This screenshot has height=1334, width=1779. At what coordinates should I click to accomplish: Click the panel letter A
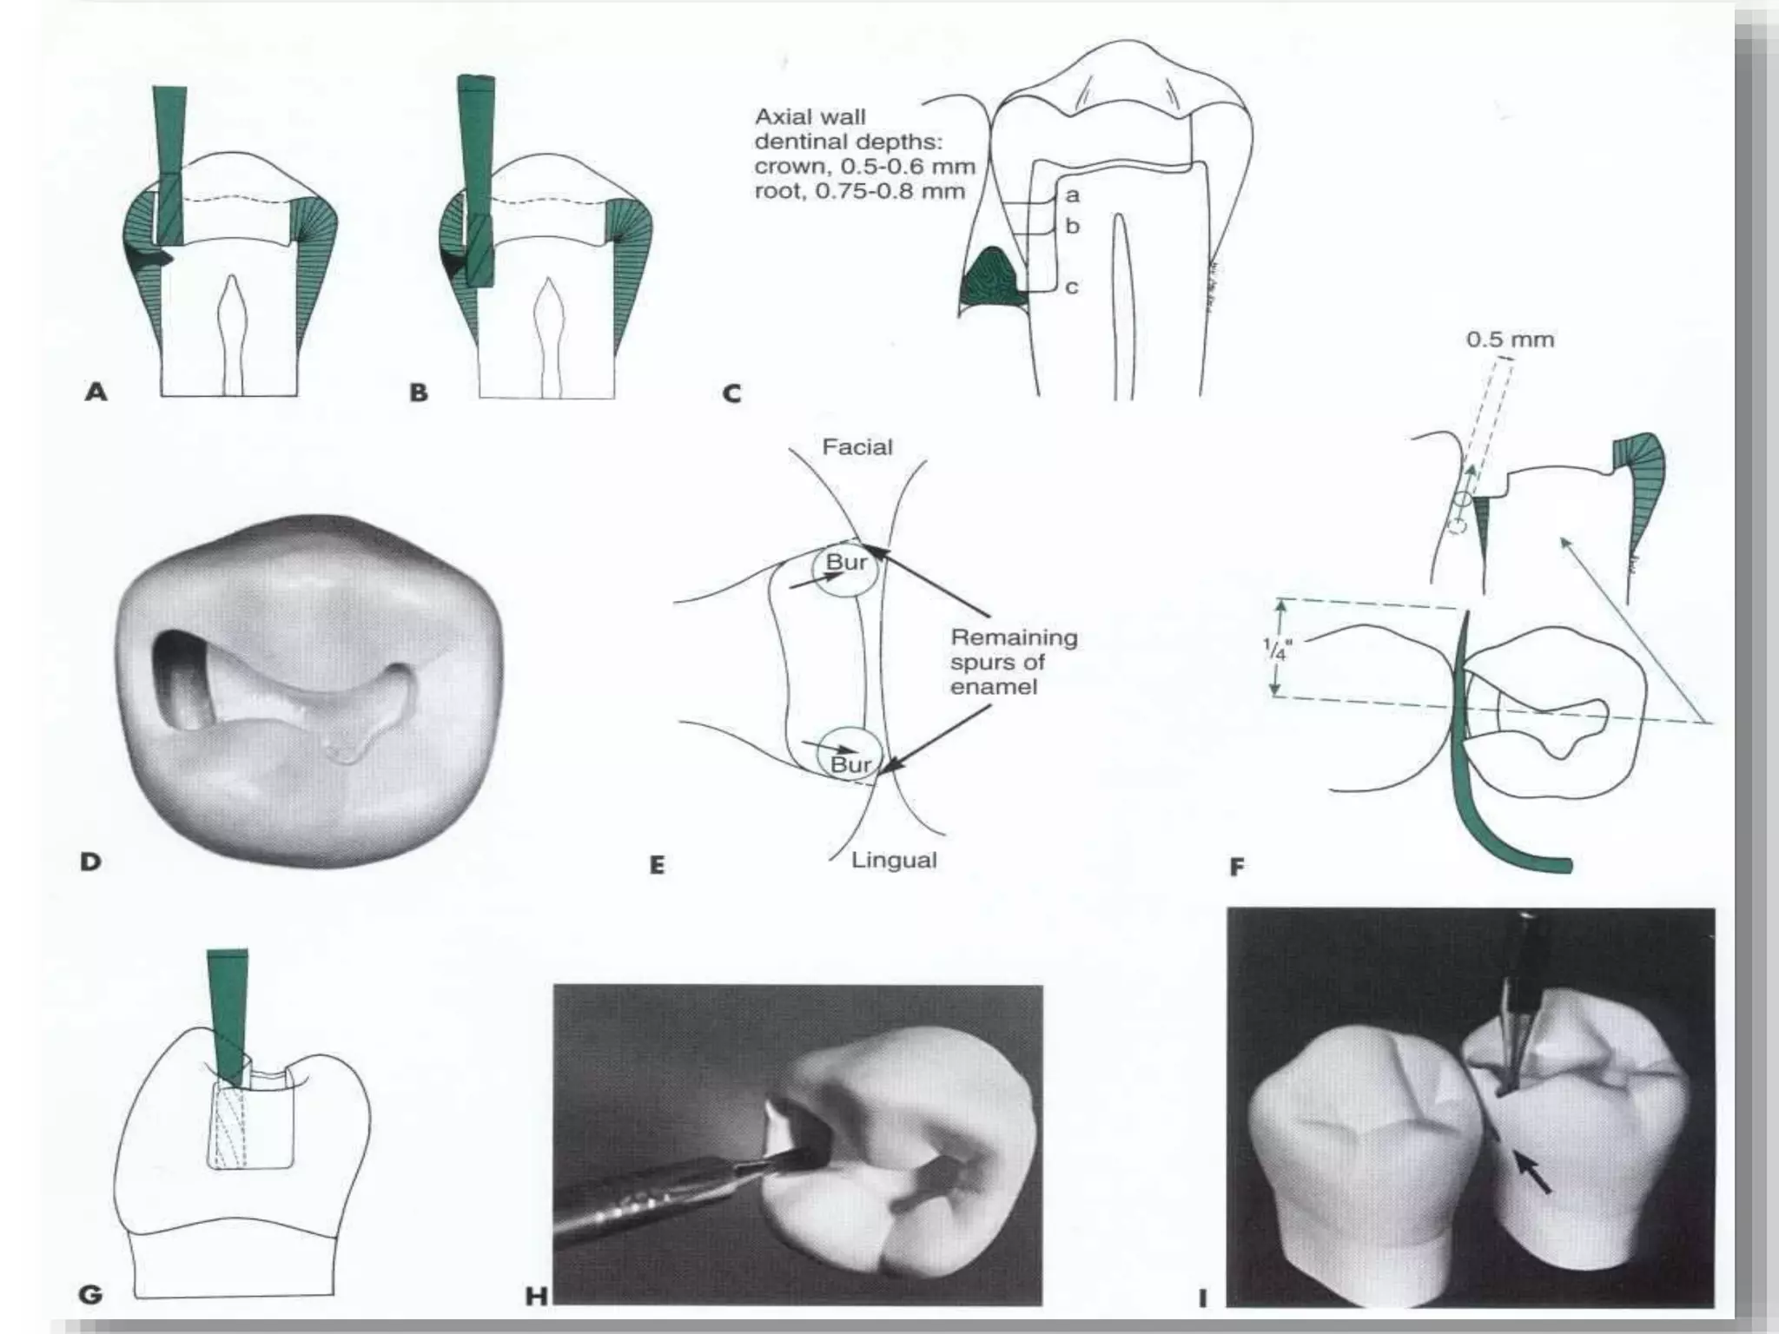coord(96,393)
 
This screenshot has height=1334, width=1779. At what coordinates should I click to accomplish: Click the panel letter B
coord(419,393)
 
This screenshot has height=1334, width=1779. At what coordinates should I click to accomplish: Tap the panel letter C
coord(731,394)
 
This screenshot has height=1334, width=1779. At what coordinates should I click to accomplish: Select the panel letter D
coord(90,862)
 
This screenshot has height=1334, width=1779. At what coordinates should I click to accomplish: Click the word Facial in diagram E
coord(856,447)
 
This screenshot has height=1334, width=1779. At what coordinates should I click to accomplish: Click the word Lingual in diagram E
coord(893,861)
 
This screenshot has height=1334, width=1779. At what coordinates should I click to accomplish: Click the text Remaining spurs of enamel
coord(1013,662)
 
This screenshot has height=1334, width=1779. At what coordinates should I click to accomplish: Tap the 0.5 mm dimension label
coord(1510,340)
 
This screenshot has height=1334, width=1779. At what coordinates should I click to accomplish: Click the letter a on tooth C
coord(1072,195)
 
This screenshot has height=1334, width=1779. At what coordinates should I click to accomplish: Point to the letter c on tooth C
coord(1072,287)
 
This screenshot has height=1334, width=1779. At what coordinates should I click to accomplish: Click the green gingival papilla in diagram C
coord(995,282)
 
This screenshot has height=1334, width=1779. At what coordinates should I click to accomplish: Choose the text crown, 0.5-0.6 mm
coord(864,166)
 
